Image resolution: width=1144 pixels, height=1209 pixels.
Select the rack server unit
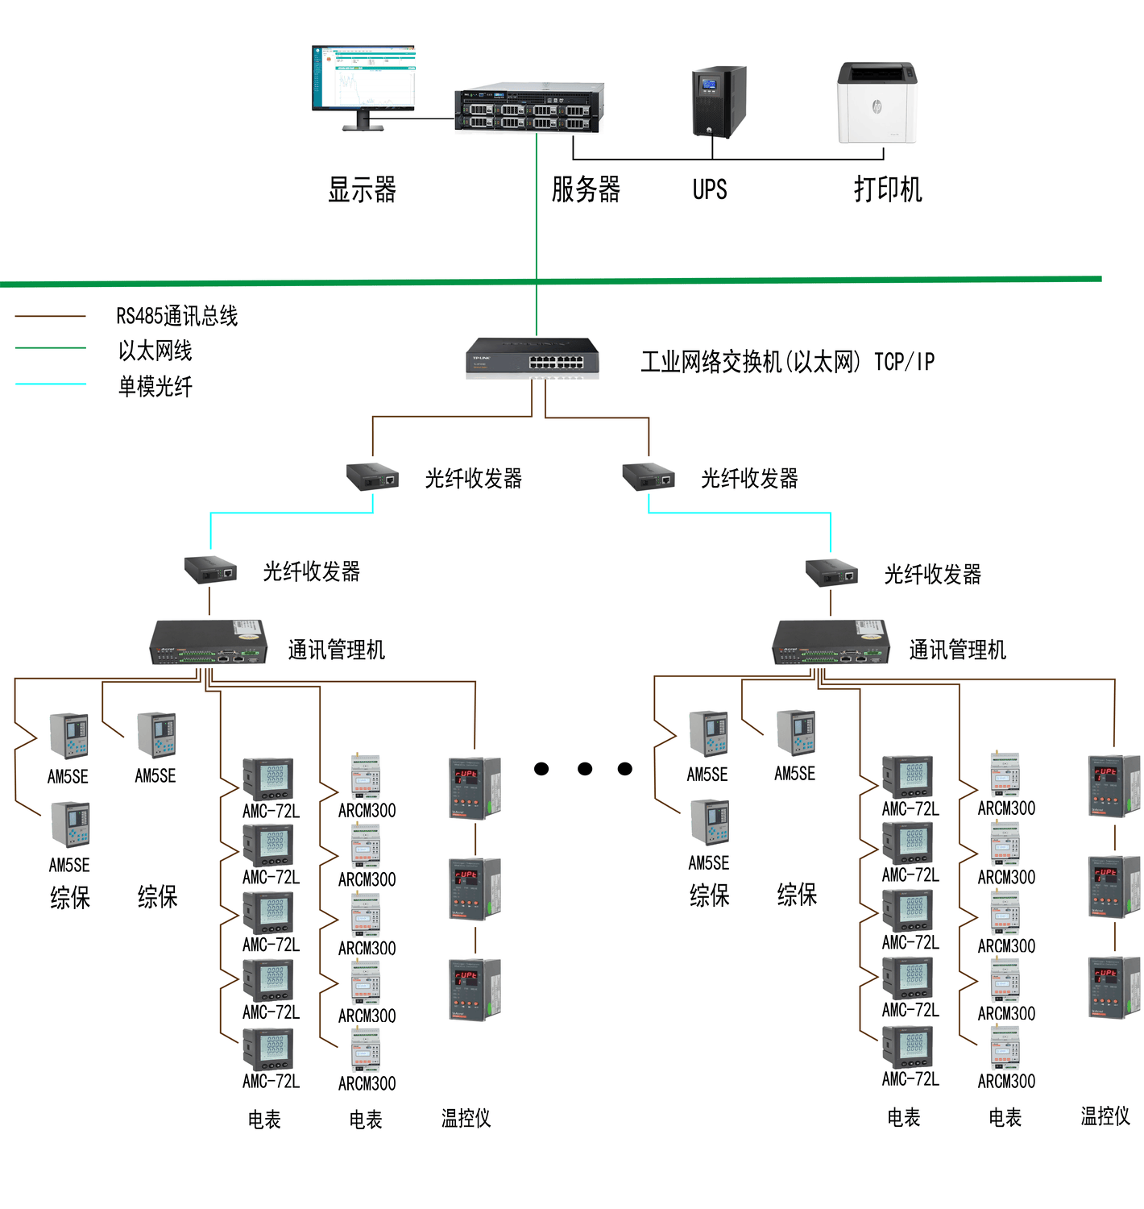pyautogui.click(x=528, y=108)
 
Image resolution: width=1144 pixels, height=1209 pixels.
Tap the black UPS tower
pyautogui.click(x=719, y=102)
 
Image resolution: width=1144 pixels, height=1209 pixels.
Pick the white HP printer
pyautogui.click(x=877, y=103)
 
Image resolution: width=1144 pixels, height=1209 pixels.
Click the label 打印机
pyautogui.click(x=888, y=190)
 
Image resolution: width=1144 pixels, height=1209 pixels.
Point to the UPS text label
pyautogui.click(x=710, y=190)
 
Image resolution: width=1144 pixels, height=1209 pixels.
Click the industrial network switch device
pyautogui.click(x=532, y=358)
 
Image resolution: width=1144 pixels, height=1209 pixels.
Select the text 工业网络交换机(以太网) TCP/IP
pyautogui.click(x=787, y=362)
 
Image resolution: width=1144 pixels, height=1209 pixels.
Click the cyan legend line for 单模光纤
pyautogui.click(x=51, y=384)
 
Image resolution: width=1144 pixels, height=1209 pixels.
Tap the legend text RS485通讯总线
pyautogui.click(x=177, y=316)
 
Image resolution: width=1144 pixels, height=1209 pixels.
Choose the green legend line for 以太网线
pyautogui.click(x=51, y=348)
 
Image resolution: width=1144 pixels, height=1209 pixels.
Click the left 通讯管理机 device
pyautogui.click(x=208, y=642)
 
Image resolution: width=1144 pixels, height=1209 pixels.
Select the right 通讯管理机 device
pyautogui.click(x=831, y=642)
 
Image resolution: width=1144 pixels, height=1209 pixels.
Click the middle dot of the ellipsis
pyautogui.click(x=585, y=769)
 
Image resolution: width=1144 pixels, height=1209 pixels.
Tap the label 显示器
pyautogui.click(x=362, y=190)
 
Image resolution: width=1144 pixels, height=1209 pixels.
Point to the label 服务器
pyautogui.click(x=586, y=190)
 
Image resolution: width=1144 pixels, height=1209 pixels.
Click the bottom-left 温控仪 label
pyautogui.click(x=466, y=1118)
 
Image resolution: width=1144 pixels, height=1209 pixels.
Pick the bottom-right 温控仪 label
pyautogui.click(x=1105, y=1116)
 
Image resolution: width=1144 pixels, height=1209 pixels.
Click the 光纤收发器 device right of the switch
pyautogui.click(x=648, y=477)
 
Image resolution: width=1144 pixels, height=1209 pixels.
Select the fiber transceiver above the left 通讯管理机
pyautogui.click(x=210, y=571)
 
